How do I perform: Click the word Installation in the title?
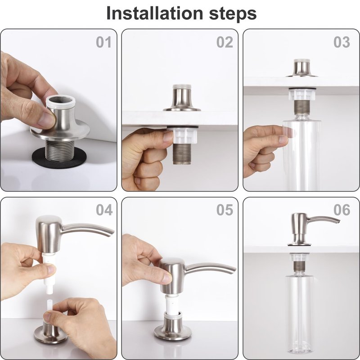click(155, 13)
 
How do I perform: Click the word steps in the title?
click(233, 14)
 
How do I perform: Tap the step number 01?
click(103, 42)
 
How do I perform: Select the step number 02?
click(225, 42)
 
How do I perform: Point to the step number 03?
click(342, 42)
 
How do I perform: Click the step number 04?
click(104, 210)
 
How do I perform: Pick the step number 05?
click(225, 210)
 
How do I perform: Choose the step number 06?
click(342, 210)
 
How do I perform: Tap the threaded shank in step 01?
click(59, 150)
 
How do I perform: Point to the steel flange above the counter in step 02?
click(182, 98)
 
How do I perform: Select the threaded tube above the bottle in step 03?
click(301, 108)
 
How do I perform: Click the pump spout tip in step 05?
click(234, 270)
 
